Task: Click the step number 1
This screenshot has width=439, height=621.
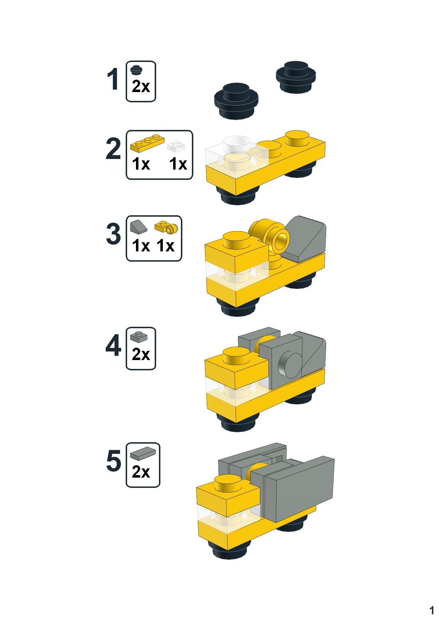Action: click(x=113, y=80)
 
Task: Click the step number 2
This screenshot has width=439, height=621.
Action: click(x=113, y=149)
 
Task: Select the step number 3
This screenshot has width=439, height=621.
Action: click(x=113, y=234)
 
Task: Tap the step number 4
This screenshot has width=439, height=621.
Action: click(x=113, y=347)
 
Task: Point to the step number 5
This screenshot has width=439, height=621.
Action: click(x=113, y=461)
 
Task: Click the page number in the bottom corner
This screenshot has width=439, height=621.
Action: click(x=431, y=610)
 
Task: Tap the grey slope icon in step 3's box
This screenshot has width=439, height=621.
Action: click(x=138, y=227)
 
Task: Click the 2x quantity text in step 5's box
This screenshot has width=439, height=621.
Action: click(x=141, y=472)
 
